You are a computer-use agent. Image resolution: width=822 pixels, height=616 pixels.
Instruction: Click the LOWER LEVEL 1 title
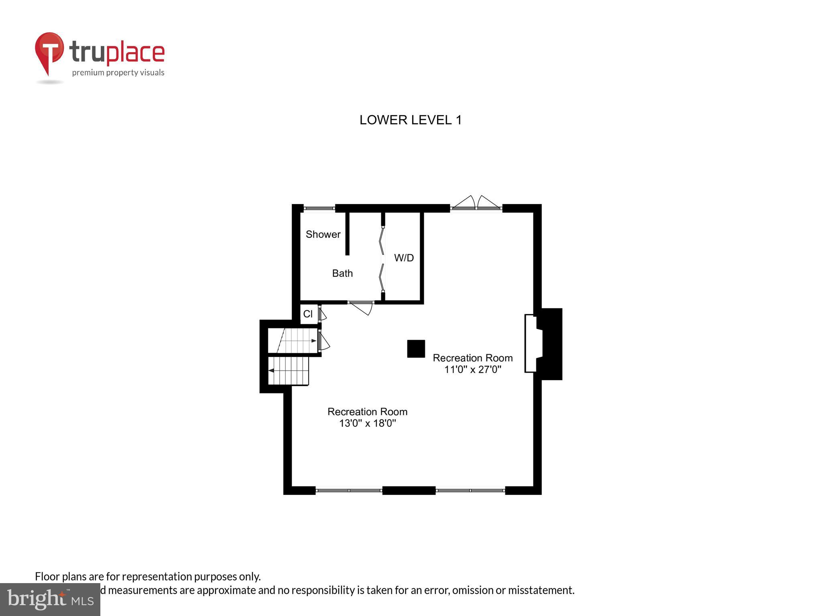(411, 120)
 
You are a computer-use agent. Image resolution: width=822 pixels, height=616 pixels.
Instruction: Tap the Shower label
(323, 235)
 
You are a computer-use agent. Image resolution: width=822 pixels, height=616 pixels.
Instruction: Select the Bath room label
(342, 274)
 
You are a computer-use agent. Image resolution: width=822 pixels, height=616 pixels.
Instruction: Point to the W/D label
(404, 258)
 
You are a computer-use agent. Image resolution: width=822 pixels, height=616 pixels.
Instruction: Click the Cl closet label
(308, 314)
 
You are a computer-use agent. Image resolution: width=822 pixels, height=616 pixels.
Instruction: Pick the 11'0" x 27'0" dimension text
(472, 369)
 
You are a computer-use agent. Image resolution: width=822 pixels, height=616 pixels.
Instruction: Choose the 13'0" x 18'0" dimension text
(367, 423)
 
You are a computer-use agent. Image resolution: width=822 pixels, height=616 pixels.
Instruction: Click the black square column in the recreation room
(416, 349)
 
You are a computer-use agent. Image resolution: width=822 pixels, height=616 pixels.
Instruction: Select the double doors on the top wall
(476, 204)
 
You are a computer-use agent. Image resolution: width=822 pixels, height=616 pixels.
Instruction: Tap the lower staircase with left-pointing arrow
(289, 371)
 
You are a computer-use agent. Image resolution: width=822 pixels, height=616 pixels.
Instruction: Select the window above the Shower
(319, 208)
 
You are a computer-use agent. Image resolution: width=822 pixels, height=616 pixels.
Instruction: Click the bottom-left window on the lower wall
(348, 490)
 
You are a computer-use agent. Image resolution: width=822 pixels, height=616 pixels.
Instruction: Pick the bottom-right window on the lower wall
(470, 490)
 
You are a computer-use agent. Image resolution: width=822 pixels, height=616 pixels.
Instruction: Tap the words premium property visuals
(118, 73)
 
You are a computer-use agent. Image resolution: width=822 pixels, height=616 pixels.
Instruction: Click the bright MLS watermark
(50, 600)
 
